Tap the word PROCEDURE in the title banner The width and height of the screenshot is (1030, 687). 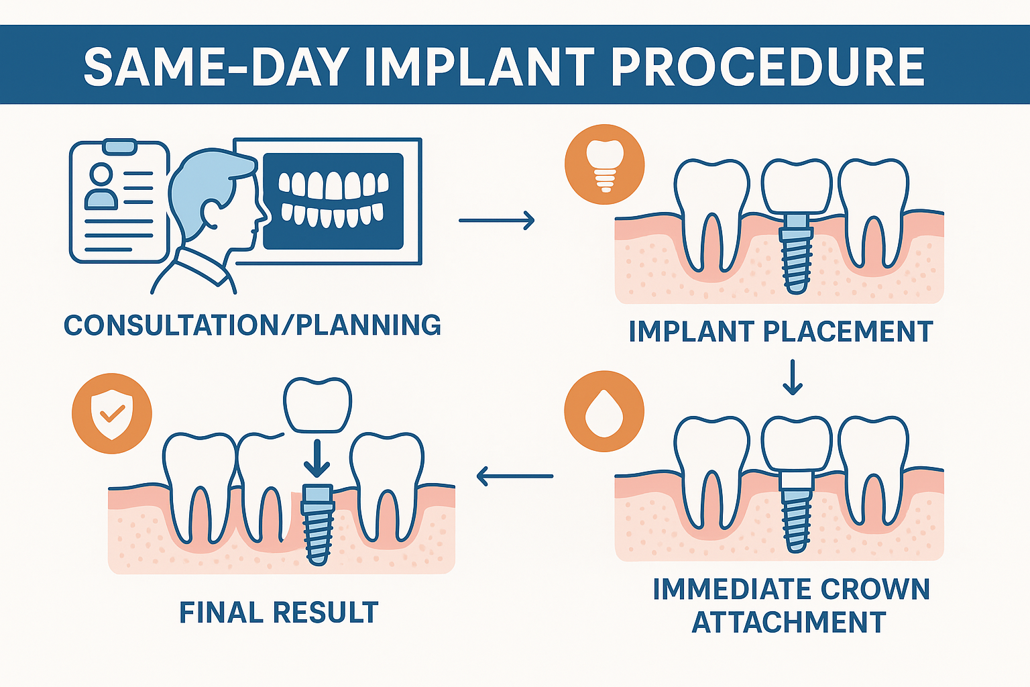tap(768, 67)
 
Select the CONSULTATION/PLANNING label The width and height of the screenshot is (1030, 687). tap(252, 325)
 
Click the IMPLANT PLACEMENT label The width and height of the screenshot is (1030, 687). tap(781, 332)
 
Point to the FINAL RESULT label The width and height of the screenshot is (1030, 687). tap(279, 613)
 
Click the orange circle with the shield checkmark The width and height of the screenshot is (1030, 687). tap(112, 413)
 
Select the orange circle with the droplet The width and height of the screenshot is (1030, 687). tap(604, 411)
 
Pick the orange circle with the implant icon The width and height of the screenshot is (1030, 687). tap(604, 164)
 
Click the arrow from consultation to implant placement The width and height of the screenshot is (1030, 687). tap(496, 220)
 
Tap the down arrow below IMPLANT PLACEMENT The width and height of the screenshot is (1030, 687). tap(793, 378)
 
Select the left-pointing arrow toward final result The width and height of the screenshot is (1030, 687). tap(514, 476)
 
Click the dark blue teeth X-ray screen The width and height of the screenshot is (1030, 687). tap(333, 201)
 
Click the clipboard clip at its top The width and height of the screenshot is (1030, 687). tap(119, 145)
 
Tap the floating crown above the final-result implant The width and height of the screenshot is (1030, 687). tap(317, 405)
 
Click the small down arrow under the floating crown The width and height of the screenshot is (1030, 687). tap(317, 459)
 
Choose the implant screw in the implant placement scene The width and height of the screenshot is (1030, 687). tap(796, 255)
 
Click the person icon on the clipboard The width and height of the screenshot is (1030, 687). tap(101, 187)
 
